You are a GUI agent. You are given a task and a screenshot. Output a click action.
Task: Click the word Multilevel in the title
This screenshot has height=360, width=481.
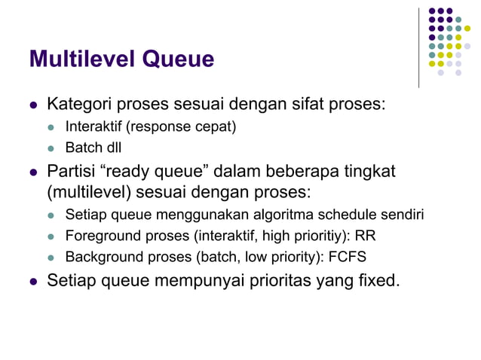(81, 59)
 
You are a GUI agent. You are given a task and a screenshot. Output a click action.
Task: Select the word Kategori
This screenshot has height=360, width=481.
(78, 103)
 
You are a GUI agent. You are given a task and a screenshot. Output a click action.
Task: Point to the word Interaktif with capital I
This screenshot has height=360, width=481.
(94, 126)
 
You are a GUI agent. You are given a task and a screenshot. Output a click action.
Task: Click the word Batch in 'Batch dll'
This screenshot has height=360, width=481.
(82, 146)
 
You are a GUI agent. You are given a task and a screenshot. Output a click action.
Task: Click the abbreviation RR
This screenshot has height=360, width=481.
(366, 236)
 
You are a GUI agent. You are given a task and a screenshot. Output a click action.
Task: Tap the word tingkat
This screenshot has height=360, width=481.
(369, 171)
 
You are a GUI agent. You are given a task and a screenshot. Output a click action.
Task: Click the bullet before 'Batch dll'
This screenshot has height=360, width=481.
(52, 147)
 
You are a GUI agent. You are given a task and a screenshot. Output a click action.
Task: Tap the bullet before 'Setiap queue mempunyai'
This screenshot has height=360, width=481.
(32, 282)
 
